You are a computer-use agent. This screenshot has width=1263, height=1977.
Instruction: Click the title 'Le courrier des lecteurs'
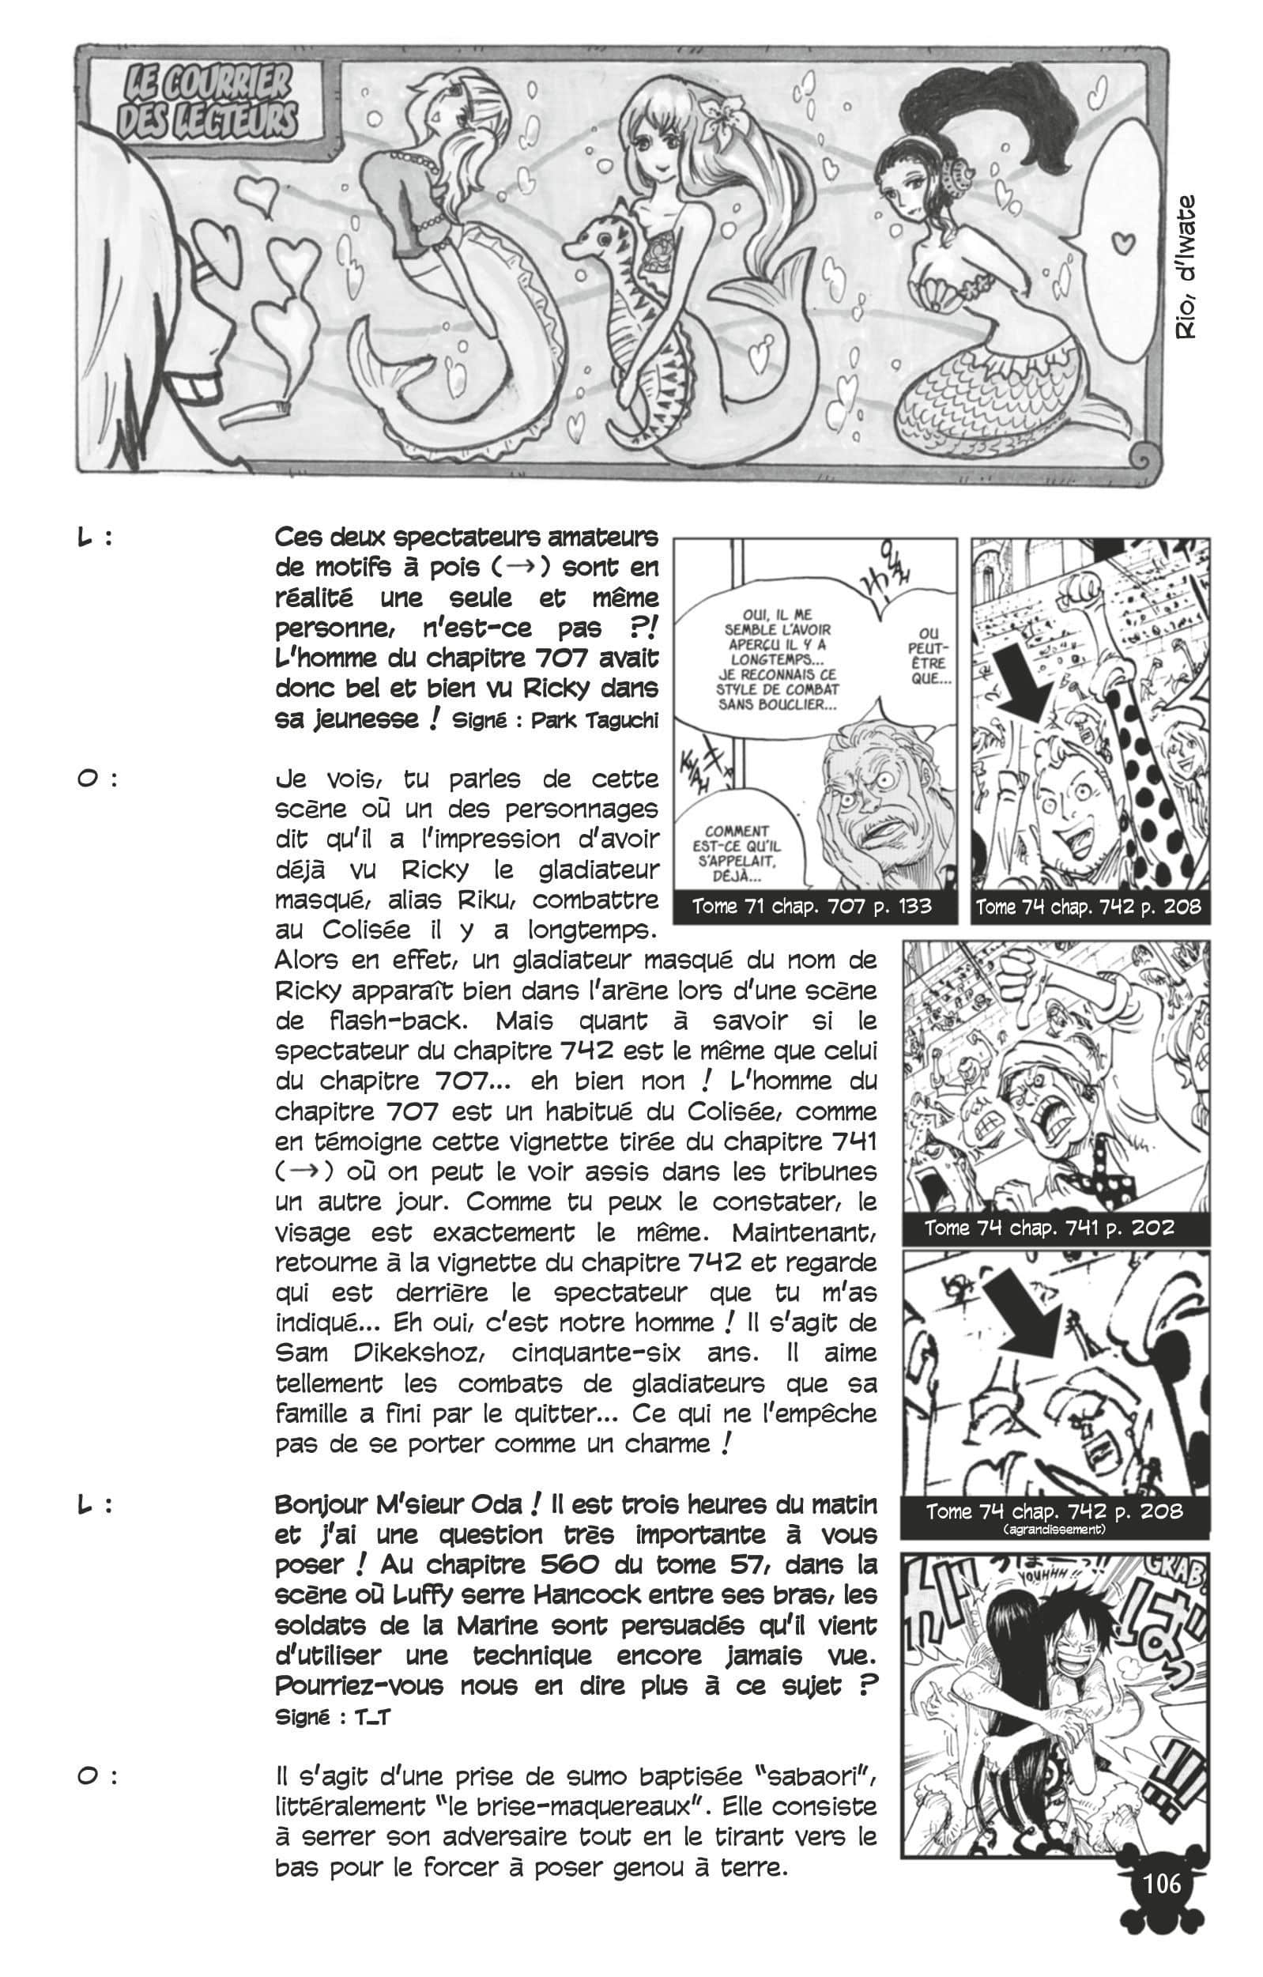coord(209,102)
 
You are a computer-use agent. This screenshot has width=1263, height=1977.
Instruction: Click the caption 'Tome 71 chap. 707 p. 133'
coord(812,907)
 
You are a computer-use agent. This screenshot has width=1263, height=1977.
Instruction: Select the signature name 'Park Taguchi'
coord(595,721)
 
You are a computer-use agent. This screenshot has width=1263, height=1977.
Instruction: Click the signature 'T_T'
coord(371,1717)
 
